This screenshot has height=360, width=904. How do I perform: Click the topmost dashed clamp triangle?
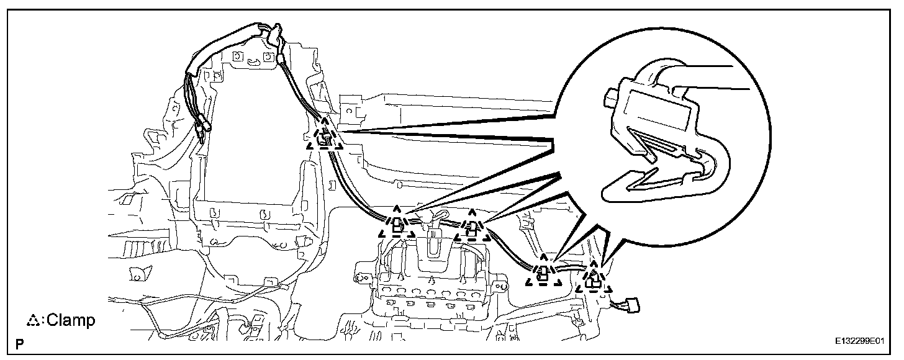tap(323, 138)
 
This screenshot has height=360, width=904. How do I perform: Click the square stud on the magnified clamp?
tap(611, 97)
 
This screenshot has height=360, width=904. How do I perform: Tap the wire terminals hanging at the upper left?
tap(201, 129)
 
